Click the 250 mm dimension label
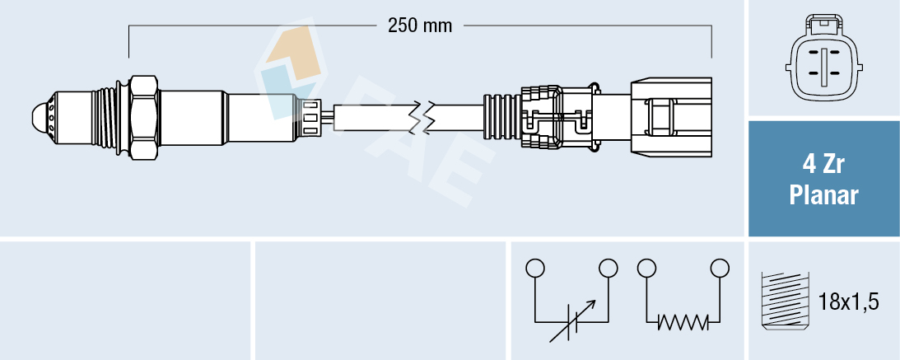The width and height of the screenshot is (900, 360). coord(420,26)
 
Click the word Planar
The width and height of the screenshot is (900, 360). coord(824,196)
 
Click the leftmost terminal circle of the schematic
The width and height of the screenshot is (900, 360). coord(535,269)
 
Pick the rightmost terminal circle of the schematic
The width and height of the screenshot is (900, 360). coord(720,269)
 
